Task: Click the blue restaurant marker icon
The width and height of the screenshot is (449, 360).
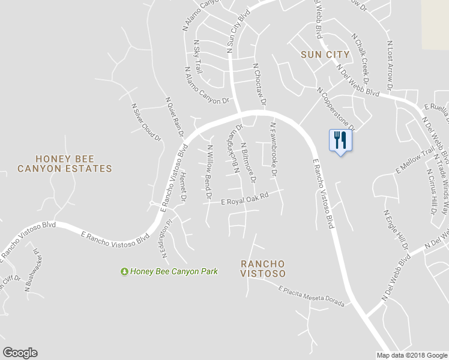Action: tap(340, 140)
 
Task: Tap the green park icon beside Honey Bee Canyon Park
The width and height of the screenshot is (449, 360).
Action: tap(124, 272)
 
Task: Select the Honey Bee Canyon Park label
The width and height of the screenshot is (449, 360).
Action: tap(173, 272)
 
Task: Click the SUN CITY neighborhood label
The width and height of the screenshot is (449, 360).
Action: tap(325, 55)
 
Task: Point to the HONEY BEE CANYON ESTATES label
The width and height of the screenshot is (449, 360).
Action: tap(65, 164)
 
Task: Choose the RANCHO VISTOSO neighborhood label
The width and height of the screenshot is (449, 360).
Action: tap(262, 268)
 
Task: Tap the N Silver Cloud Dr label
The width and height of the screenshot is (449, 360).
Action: tap(147, 122)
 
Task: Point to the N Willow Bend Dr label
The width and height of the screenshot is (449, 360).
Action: tap(209, 172)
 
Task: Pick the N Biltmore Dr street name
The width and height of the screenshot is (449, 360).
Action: tap(249, 163)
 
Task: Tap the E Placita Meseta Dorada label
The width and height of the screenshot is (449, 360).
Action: tap(312, 296)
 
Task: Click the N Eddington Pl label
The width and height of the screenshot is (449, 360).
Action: tap(166, 239)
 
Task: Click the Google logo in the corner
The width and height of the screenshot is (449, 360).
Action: tap(20, 353)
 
